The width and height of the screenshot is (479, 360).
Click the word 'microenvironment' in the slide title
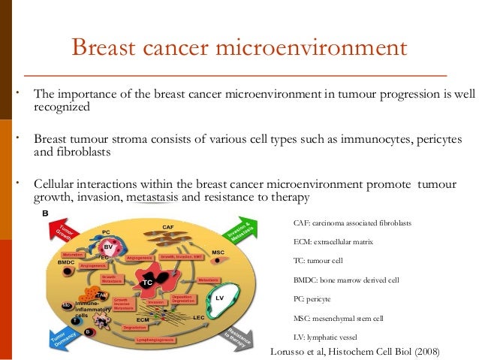click(318, 48)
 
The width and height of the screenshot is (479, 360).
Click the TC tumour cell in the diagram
click(148, 282)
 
